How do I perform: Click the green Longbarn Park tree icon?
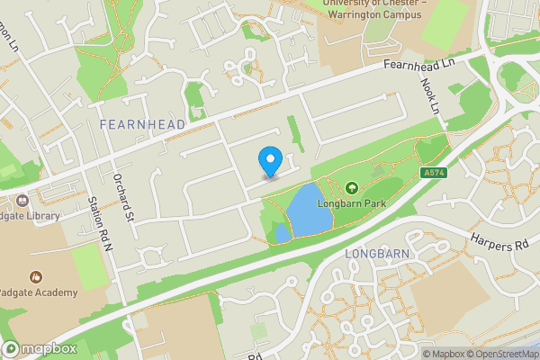352,189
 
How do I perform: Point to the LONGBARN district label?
378,255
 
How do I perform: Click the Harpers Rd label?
496,244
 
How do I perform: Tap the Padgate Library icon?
18,200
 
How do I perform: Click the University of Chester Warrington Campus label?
373,9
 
